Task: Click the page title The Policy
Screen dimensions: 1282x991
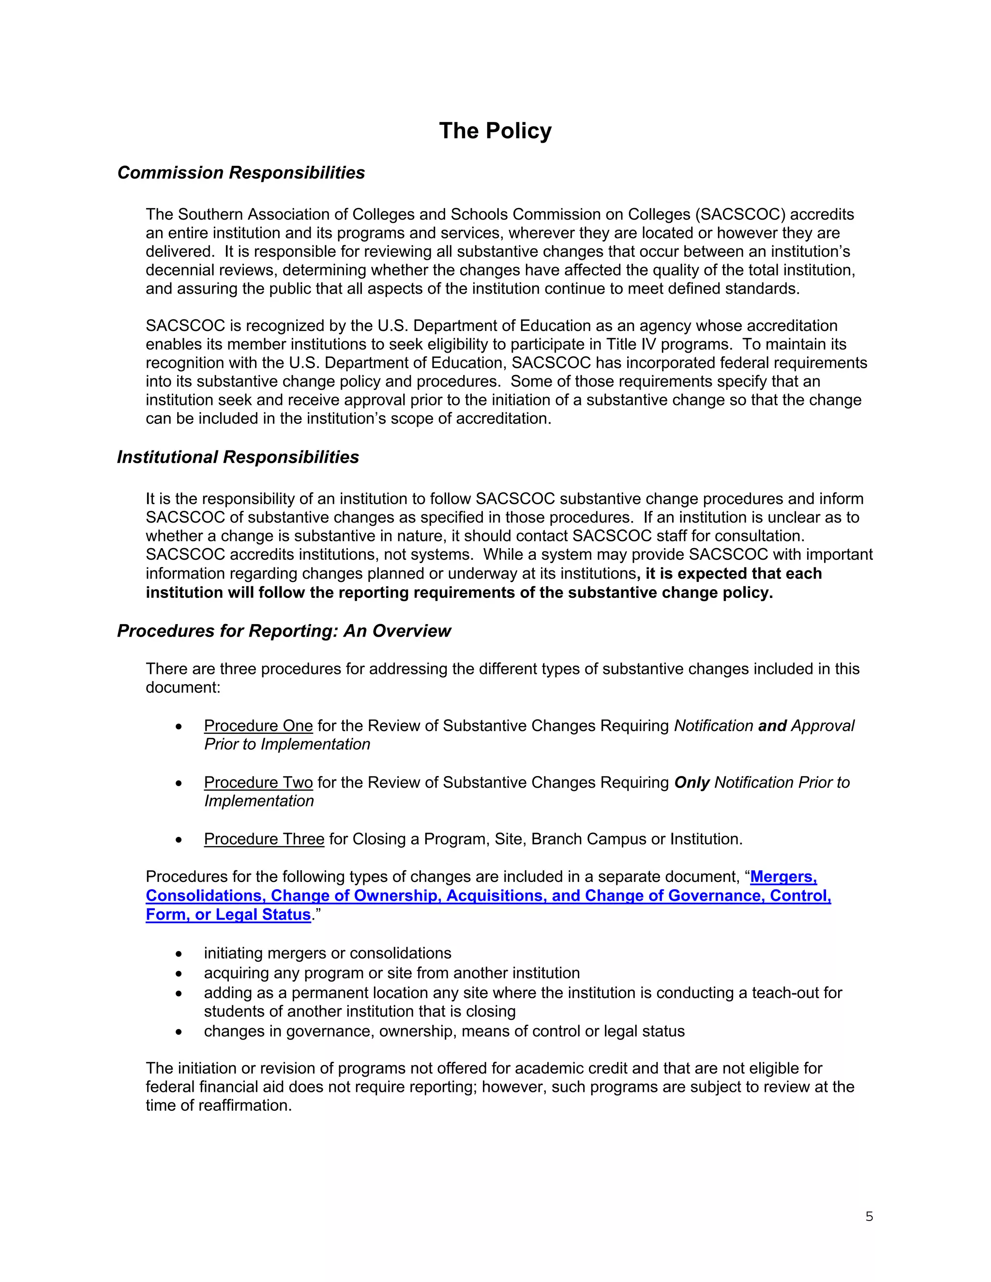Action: coord(495,131)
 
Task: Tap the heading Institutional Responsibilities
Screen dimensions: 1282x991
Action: coord(238,457)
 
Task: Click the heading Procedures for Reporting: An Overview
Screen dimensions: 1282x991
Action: coord(284,630)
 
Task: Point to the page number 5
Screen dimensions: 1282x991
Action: coord(869,1216)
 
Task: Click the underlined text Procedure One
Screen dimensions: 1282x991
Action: coord(258,726)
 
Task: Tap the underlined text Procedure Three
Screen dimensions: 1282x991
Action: coord(264,839)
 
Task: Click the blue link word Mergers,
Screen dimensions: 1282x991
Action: coord(783,877)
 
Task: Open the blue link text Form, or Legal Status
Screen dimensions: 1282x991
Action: coord(228,914)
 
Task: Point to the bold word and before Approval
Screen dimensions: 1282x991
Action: coord(772,726)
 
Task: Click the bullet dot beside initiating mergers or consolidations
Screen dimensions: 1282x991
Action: coord(179,954)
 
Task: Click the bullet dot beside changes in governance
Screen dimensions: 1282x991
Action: coord(179,1031)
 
